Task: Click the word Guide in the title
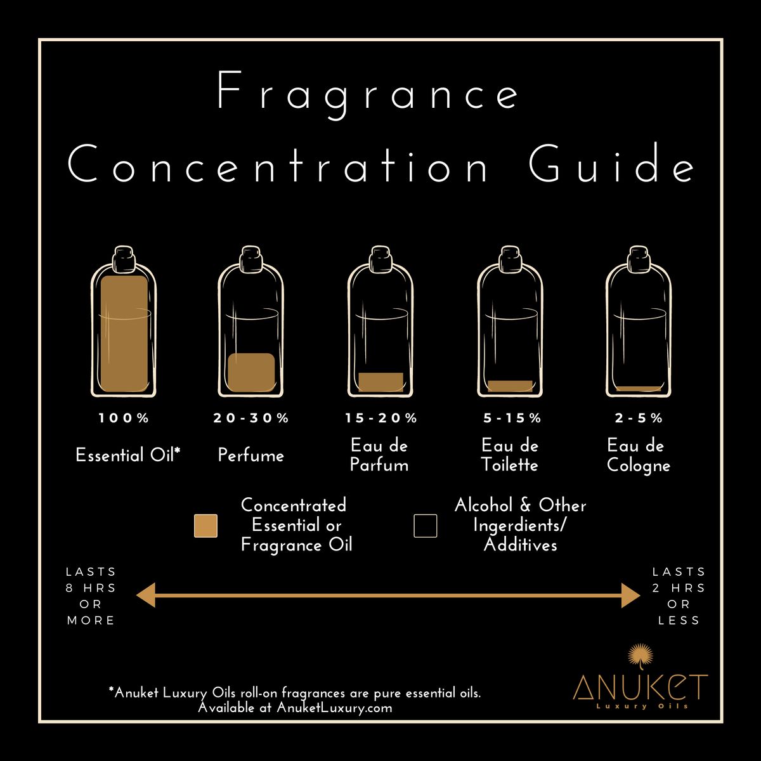click(612, 163)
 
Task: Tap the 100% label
click(124, 418)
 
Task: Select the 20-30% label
click(251, 418)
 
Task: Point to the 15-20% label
click(380, 418)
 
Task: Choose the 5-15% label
click(512, 418)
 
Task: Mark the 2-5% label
click(639, 418)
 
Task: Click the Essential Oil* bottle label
click(128, 455)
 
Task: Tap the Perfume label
click(250, 455)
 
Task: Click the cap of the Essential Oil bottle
click(124, 258)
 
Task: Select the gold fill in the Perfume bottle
click(251, 372)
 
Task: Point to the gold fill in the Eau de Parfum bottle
click(380, 382)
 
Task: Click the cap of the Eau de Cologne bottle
click(639, 258)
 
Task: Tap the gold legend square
click(205, 526)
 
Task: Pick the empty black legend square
click(426, 526)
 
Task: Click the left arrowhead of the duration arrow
click(146, 595)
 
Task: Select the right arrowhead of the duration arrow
click(630, 595)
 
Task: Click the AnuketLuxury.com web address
click(334, 707)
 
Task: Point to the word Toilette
click(509, 464)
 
